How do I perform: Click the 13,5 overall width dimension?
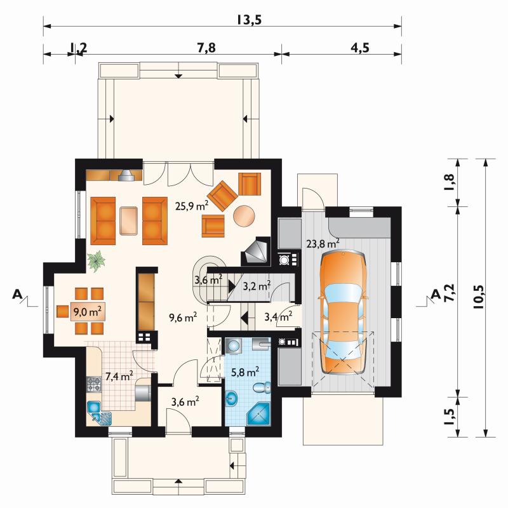248,20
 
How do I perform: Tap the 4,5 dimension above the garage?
359,48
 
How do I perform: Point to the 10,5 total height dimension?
479,296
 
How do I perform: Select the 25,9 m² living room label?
192,206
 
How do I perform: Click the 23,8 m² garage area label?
323,243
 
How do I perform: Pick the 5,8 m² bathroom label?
245,372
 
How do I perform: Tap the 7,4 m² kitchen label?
119,377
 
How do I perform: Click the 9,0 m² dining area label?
88,312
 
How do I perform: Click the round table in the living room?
244,216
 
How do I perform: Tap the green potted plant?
96,260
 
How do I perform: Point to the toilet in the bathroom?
262,388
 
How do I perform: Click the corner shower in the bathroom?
258,414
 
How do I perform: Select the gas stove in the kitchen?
94,384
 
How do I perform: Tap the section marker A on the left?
18,295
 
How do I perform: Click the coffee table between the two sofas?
129,220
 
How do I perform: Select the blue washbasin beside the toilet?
231,398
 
